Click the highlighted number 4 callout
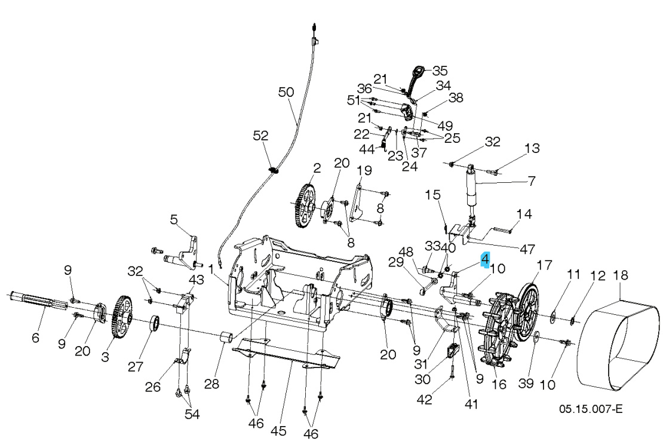[x=486, y=259]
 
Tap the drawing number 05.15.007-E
[x=590, y=409]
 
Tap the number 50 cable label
[x=286, y=92]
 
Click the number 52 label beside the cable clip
[x=260, y=136]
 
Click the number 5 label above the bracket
[x=174, y=220]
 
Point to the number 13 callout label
[x=532, y=148]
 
